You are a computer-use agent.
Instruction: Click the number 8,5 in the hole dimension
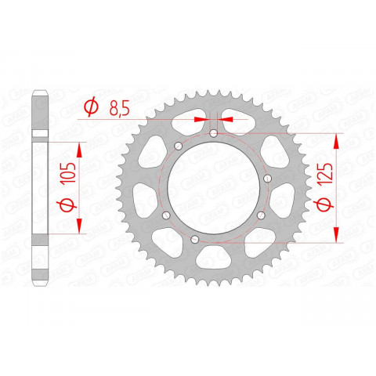[x=119, y=109]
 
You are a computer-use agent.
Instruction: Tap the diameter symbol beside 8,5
[x=91, y=108]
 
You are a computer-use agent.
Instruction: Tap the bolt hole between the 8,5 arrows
[x=214, y=134]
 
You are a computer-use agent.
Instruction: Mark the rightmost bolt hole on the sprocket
[x=268, y=179]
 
